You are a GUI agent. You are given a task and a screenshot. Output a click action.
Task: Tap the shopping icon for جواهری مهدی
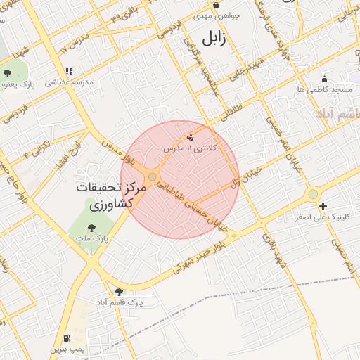coord(217,4)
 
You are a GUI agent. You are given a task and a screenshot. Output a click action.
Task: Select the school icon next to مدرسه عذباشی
coord(69,71)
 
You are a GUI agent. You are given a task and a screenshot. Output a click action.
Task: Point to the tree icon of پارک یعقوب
coord(8,72)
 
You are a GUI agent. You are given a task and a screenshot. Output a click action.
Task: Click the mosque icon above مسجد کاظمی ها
coord(324,79)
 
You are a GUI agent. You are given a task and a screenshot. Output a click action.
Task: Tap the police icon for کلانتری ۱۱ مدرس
coord(190,137)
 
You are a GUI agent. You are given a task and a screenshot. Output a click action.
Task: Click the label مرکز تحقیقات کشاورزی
coord(111,197)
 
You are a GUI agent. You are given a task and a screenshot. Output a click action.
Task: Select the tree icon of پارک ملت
coord(91,227)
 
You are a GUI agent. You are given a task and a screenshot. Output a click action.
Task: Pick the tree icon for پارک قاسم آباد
coord(118,291)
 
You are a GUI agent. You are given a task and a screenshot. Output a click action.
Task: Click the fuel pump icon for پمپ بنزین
coord(67,338)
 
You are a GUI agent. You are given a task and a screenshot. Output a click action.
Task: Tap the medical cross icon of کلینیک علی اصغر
coord(323,206)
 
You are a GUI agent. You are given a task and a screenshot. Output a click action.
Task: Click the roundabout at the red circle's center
coord(153,177)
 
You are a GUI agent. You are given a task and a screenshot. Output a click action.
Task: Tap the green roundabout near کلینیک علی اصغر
coord(312,194)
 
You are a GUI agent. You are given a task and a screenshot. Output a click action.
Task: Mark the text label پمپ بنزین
coord(67,349)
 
